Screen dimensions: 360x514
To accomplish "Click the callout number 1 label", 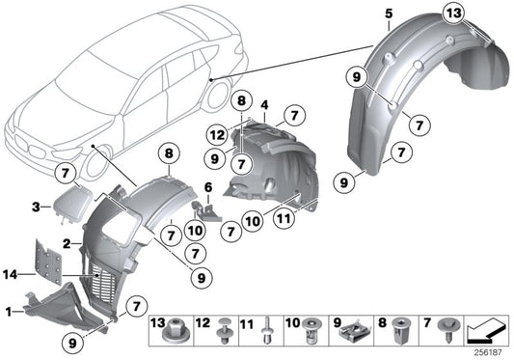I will pos(9,312).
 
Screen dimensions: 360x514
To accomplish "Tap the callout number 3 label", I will pos(36,207).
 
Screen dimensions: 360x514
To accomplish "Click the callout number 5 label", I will pos(388,13).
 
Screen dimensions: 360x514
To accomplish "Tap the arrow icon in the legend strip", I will pos(486,333).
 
